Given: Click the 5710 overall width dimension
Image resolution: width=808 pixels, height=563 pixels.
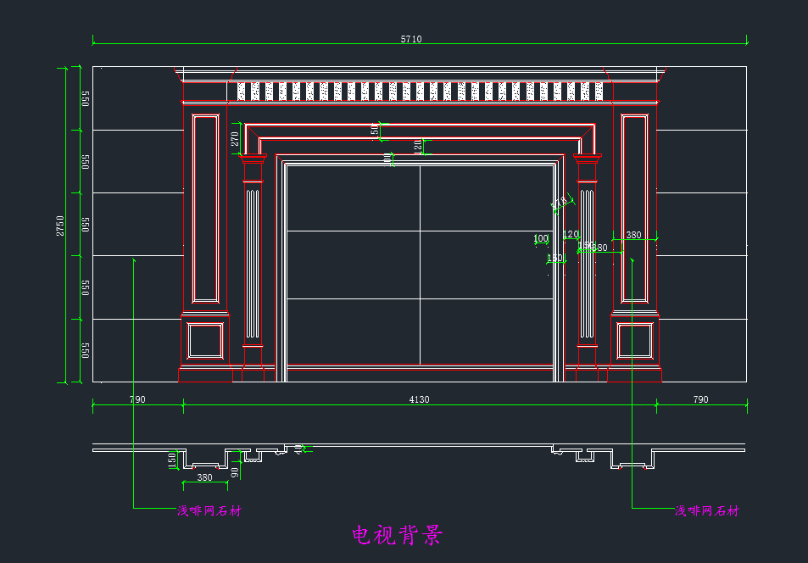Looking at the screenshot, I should coord(411,39).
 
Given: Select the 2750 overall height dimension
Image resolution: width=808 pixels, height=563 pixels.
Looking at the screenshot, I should coord(60,225).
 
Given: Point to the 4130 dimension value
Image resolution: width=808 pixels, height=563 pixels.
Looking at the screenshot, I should coord(419,399).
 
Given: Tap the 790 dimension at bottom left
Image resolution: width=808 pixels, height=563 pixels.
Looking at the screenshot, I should coord(137,399).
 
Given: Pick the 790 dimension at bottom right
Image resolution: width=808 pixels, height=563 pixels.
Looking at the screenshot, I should coord(700,399).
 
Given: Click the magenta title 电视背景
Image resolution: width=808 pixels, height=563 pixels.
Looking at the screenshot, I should coord(397,535).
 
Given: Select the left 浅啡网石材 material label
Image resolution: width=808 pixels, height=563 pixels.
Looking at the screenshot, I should coord(209,510).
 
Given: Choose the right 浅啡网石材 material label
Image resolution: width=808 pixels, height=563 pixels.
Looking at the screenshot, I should coord(706,510).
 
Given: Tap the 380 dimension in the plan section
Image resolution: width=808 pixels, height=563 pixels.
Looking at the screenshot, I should coord(204,478).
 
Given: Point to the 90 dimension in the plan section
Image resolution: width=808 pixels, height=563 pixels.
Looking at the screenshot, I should coord(236,471).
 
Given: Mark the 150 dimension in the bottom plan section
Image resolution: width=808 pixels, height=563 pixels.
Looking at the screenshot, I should coord(172,460).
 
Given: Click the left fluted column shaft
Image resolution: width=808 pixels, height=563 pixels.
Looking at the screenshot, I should coord(252,263).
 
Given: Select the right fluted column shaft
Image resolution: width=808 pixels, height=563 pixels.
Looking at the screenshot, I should coord(586,263).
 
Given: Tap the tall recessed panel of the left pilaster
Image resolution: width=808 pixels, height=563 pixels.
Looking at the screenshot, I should coord(206,209).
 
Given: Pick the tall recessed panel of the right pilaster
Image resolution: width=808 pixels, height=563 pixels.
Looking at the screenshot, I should coord(634,209).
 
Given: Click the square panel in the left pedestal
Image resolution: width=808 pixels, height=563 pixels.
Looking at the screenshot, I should coord(205,342).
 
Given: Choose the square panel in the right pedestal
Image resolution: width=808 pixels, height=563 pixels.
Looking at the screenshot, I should coord(634,342).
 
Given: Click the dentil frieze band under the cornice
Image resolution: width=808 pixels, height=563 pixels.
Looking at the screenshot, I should coord(420,92).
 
